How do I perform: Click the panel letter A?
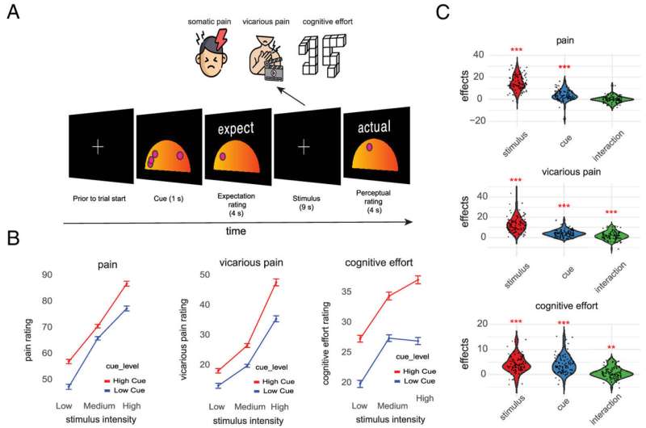coord(14,15)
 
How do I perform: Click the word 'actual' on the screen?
coord(374,128)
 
